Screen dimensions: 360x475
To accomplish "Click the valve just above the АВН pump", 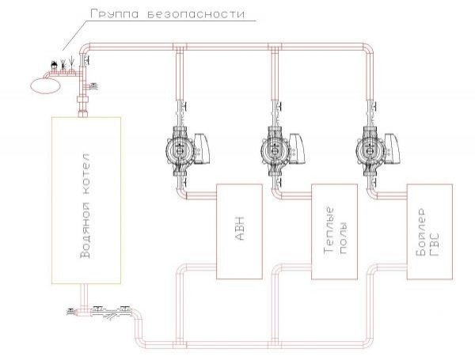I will click(181, 106).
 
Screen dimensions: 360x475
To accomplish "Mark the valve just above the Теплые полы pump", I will click(275, 106).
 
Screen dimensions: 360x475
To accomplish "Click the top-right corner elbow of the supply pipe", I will click(371, 49).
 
